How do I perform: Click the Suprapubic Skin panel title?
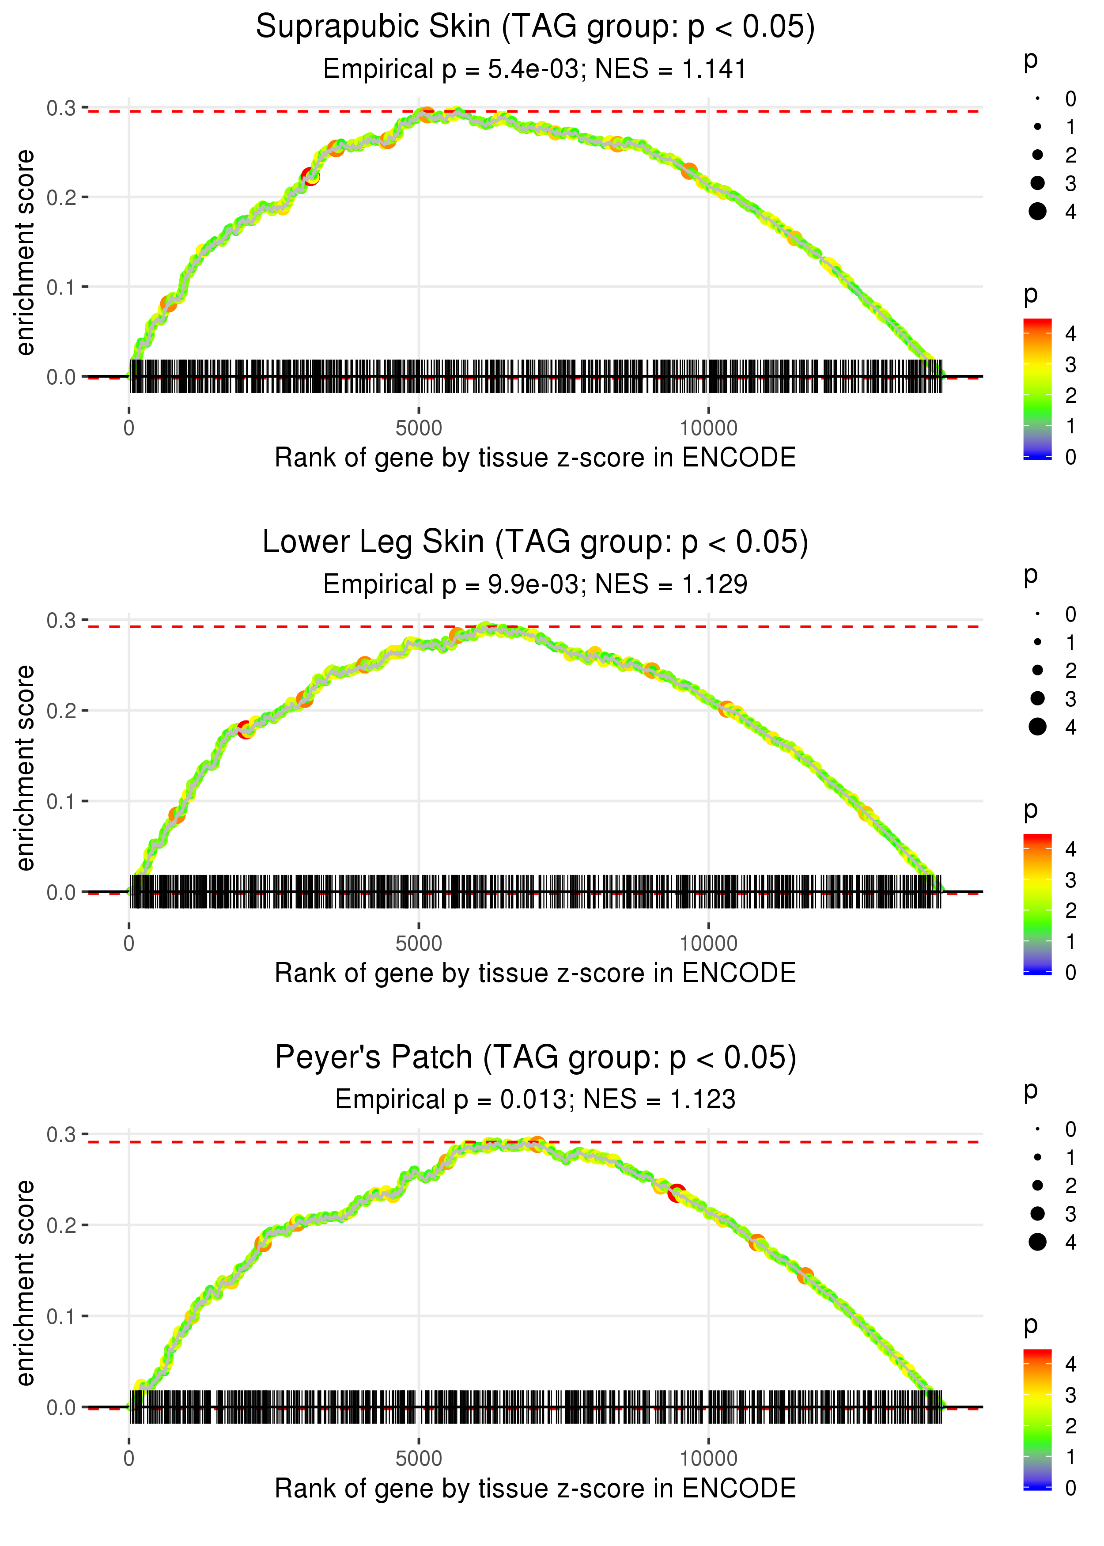point(535,27)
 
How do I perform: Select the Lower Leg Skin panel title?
point(535,542)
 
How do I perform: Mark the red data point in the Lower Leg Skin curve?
point(246,731)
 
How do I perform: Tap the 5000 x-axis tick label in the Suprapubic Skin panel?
point(419,428)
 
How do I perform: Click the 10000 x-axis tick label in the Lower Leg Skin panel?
point(708,944)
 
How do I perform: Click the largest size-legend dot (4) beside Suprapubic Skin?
point(1037,212)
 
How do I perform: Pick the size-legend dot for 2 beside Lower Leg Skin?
point(1037,671)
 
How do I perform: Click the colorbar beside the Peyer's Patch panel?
point(1037,1420)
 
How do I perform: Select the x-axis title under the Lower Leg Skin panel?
point(535,973)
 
